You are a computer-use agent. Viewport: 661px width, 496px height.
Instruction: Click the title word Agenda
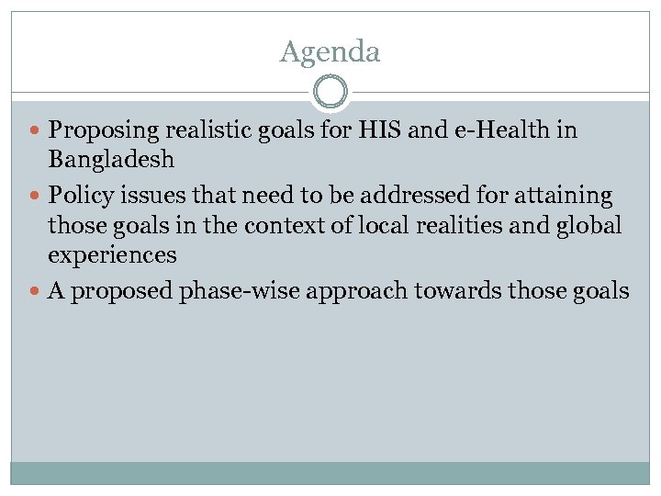coord(330,52)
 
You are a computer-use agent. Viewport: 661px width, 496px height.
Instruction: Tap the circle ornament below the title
coord(330,93)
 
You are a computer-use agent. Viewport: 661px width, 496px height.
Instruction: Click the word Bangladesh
coord(111,160)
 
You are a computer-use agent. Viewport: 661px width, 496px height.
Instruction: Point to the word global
coord(590,225)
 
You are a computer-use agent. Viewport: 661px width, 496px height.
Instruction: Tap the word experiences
coord(112,254)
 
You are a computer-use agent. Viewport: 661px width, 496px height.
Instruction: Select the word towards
coord(489,291)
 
